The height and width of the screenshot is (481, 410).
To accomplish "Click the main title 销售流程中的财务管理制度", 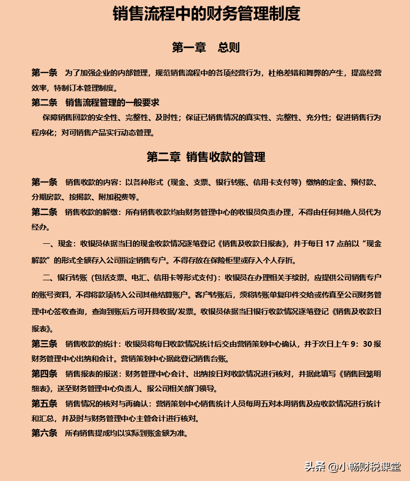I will [206, 14].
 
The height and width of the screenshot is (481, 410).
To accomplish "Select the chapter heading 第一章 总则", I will [206, 48].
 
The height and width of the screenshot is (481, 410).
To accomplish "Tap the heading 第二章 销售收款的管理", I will [206, 157].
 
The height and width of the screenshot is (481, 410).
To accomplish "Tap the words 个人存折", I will [279, 261].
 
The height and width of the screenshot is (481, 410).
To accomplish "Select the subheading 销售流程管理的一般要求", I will [112, 103].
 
